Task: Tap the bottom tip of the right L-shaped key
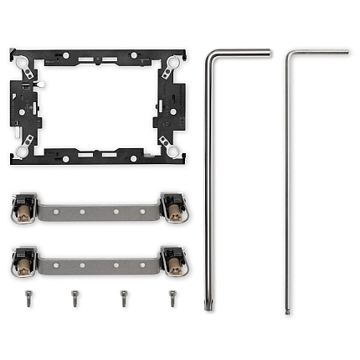pos(287,311)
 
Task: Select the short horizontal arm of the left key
pos(243,53)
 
